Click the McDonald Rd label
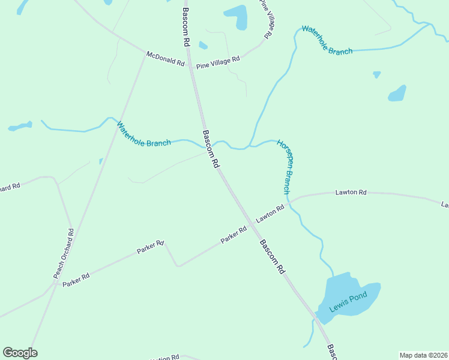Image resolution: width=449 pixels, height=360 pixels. coord(165,59)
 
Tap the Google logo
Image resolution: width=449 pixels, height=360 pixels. coord(20,353)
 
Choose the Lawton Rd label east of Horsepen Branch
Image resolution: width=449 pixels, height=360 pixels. coord(351,193)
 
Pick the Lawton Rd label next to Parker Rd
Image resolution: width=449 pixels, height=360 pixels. coord(270,215)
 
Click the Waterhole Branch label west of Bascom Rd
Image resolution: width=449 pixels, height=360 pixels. coord(143,135)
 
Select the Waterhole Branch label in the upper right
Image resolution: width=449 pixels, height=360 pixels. coord(327,40)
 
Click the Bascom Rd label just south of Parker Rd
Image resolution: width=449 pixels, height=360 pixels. coord(271,257)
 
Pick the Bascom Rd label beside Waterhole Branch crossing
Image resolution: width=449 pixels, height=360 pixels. coord(211,149)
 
